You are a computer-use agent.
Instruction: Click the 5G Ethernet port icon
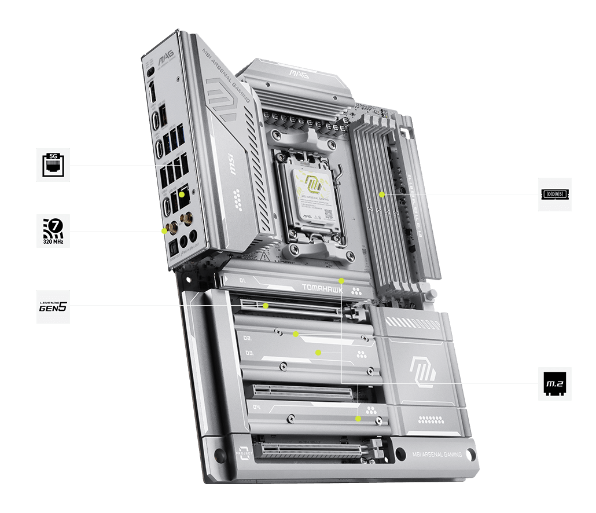tap(53, 165)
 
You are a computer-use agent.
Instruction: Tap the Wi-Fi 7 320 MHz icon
tap(53, 231)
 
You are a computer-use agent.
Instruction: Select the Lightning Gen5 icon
tap(53, 306)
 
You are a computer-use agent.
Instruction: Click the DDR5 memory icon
tap(554, 195)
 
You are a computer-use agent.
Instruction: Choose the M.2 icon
tap(554, 383)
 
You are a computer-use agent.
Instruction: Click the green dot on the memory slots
tap(382, 195)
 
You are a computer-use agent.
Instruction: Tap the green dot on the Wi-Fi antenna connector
tap(164, 230)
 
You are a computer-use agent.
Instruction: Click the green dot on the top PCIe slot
tap(266, 305)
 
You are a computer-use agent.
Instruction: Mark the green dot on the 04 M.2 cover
tap(358, 417)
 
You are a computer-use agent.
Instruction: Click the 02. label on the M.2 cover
tap(247, 338)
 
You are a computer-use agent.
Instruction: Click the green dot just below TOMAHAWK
tap(341, 280)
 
